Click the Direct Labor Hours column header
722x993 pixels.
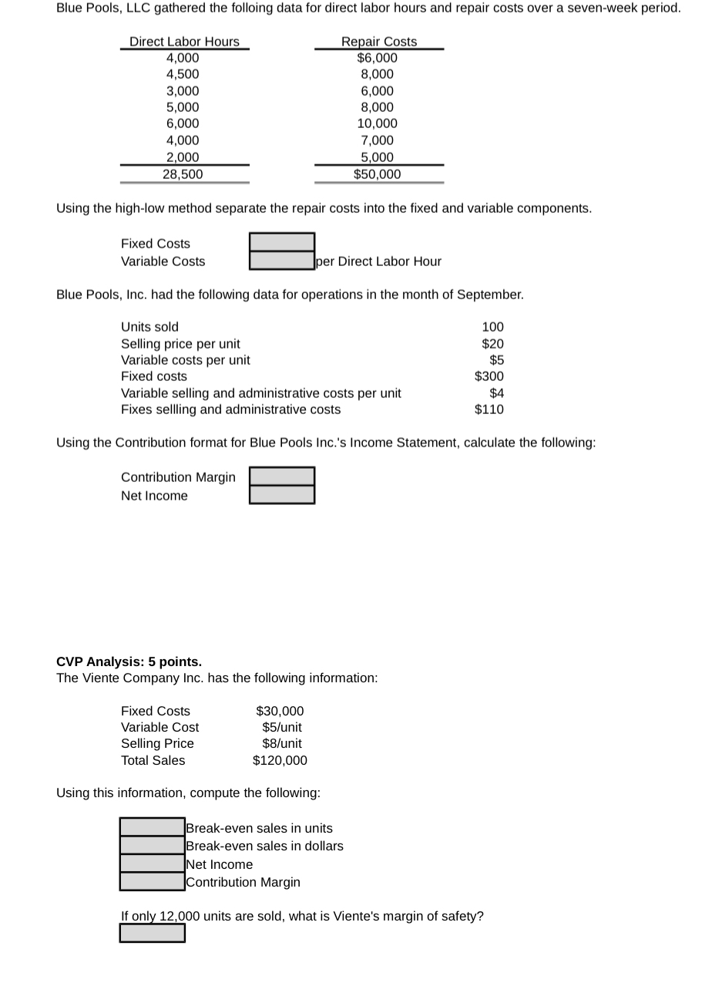184,42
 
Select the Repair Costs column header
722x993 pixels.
378,42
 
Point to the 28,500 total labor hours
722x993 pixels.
183,174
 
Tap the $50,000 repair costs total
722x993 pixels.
377,174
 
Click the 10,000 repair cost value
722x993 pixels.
377,123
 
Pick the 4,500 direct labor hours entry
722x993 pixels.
183,74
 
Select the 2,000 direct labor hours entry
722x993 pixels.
183,157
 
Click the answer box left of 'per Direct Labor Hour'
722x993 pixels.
281,261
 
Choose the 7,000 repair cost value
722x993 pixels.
377,140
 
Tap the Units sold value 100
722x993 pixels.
492,327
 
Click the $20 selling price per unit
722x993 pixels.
492,344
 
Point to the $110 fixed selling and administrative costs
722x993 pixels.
489,409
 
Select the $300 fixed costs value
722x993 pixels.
489,376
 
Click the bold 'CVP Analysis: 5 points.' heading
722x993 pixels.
129,661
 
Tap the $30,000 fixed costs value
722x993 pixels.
280,711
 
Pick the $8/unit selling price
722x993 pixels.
282,743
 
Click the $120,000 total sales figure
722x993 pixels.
280,760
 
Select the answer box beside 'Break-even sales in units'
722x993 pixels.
152,827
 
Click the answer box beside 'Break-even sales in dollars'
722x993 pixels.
152,846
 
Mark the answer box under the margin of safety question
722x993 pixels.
152,933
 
